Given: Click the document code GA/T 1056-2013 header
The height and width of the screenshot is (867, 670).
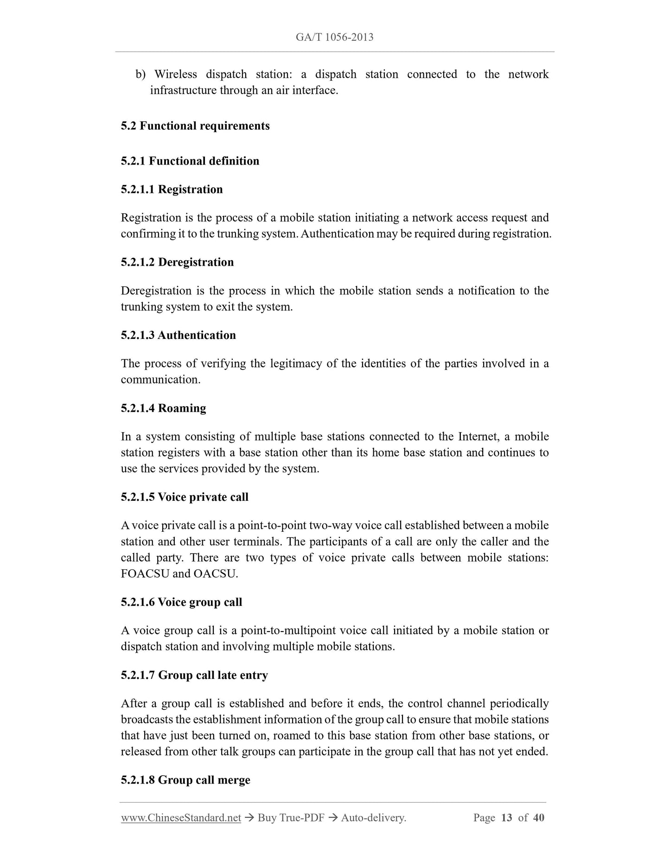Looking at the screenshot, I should point(334,37).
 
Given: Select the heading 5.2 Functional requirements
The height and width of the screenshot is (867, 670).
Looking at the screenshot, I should point(195,126).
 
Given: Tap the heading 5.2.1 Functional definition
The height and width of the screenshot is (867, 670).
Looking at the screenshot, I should point(190,161).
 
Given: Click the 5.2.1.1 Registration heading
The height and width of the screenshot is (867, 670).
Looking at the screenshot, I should point(172,190).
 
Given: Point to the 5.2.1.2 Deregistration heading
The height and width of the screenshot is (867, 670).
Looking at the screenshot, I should point(177,262).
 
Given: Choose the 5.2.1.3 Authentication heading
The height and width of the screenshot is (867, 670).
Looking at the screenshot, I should point(178,335).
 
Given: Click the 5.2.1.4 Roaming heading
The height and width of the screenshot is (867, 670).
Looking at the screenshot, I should point(163,408).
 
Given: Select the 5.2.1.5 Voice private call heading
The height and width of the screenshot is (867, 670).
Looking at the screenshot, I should point(185,497).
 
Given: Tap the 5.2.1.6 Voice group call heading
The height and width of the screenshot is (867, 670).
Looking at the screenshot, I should point(181,602).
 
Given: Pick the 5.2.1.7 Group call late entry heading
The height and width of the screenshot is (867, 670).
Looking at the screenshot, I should point(194,675).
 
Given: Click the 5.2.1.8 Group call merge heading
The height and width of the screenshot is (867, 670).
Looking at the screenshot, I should point(185,780).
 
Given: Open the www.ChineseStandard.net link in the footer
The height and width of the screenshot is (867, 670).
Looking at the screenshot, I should point(181,818).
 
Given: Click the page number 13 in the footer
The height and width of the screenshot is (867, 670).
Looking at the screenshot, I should point(506,817).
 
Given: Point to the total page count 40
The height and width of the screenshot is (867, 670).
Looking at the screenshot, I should point(538,817).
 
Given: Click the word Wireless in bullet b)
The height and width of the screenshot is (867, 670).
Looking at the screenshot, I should point(176,74).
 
